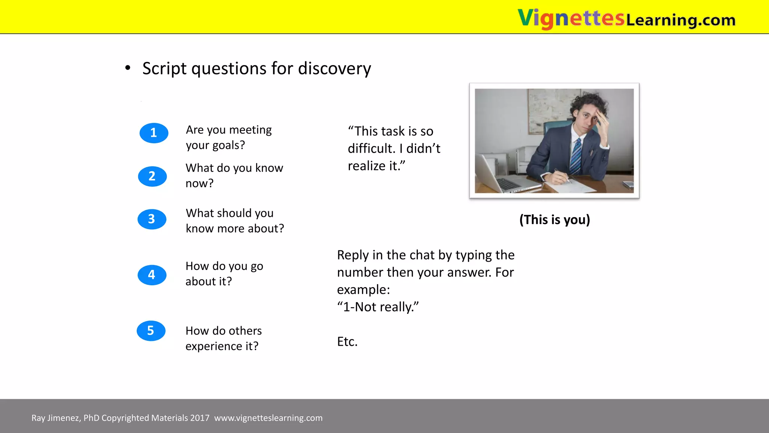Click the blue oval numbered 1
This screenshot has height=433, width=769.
154,133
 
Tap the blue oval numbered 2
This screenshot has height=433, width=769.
152,176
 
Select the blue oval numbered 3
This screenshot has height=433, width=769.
152,219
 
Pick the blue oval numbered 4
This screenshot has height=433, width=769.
152,275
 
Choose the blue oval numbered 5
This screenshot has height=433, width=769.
151,331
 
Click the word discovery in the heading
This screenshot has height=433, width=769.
334,69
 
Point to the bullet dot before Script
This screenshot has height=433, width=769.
128,68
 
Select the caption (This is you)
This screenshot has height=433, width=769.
555,220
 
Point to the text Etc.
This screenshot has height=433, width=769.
347,342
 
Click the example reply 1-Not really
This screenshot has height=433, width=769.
377,307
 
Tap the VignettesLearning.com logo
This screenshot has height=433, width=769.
626,18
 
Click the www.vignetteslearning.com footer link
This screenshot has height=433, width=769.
268,418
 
